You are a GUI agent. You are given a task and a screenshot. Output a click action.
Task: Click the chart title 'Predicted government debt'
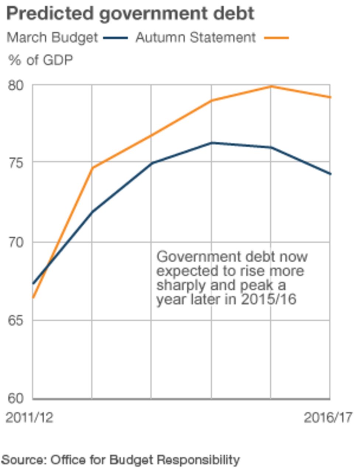(130, 14)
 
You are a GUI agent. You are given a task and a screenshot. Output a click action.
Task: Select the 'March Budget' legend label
(52, 38)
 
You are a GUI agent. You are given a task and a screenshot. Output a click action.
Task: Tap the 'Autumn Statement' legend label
(195, 38)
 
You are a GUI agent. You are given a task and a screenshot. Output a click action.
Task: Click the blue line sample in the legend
(115, 38)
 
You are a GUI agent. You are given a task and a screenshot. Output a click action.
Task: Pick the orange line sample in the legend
(276, 38)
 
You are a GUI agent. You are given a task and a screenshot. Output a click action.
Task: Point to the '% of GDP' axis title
(40, 60)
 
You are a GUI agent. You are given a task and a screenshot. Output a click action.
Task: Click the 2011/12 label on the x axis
(30, 418)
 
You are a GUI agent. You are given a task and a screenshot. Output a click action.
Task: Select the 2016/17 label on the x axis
(328, 418)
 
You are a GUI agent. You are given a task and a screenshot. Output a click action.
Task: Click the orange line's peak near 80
(271, 86)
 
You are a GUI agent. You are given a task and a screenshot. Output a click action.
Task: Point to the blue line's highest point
(211, 143)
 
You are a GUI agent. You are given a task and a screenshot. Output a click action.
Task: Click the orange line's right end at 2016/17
(329, 97)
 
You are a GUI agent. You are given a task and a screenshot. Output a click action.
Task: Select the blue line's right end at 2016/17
(329, 174)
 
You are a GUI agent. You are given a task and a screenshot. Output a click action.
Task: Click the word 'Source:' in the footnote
(24, 460)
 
